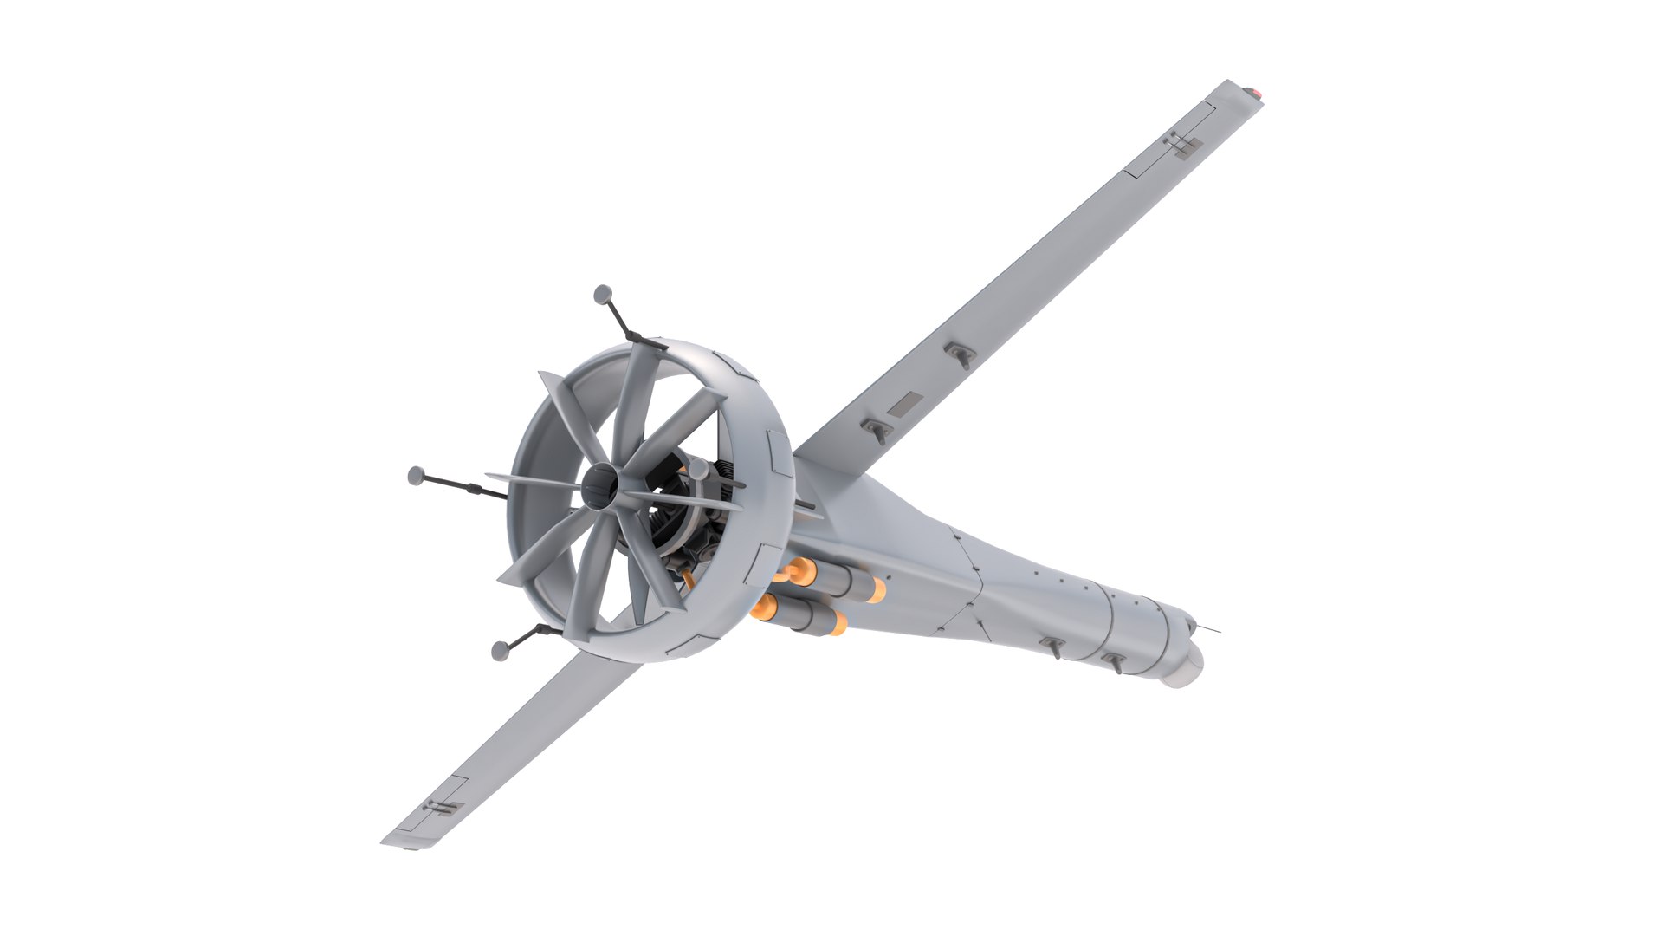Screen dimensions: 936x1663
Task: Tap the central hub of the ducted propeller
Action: click(600, 488)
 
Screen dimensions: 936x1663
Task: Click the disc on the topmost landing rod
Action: click(603, 295)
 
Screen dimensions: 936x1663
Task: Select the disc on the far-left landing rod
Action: click(417, 475)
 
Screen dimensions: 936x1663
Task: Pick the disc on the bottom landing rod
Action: click(499, 651)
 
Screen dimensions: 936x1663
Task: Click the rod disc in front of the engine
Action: click(698, 470)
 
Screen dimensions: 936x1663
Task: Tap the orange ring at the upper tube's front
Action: click(802, 569)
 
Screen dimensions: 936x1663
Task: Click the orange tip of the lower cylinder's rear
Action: click(838, 621)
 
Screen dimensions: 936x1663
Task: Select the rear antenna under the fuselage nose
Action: click(1053, 646)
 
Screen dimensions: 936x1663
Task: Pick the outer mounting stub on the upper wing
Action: click(961, 353)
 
